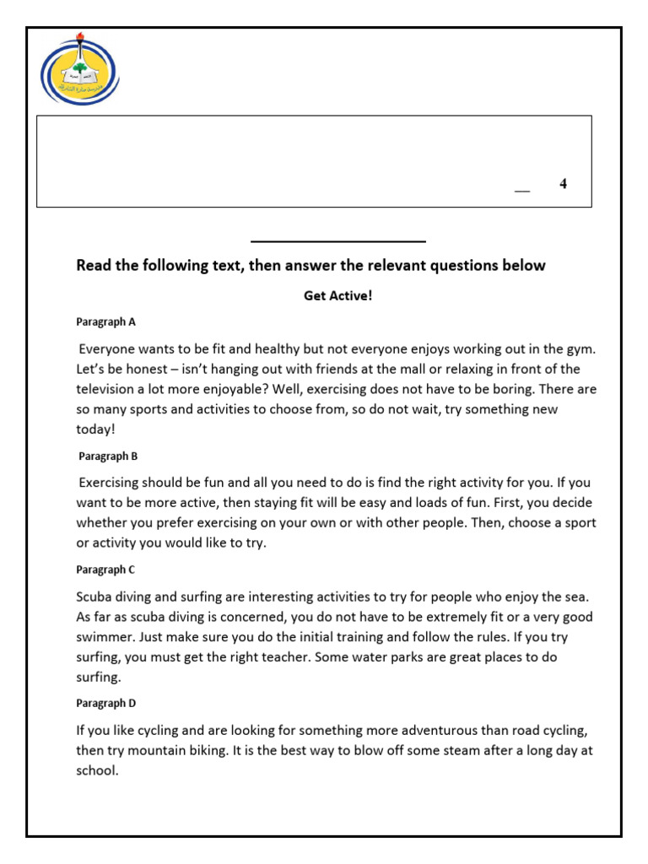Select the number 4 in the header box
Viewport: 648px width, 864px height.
[x=563, y=184]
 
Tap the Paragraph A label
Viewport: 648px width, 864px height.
[x=105, y=321]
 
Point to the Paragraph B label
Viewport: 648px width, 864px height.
[x=108, y=456]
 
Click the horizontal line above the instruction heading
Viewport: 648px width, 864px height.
[x=337, y=241]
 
